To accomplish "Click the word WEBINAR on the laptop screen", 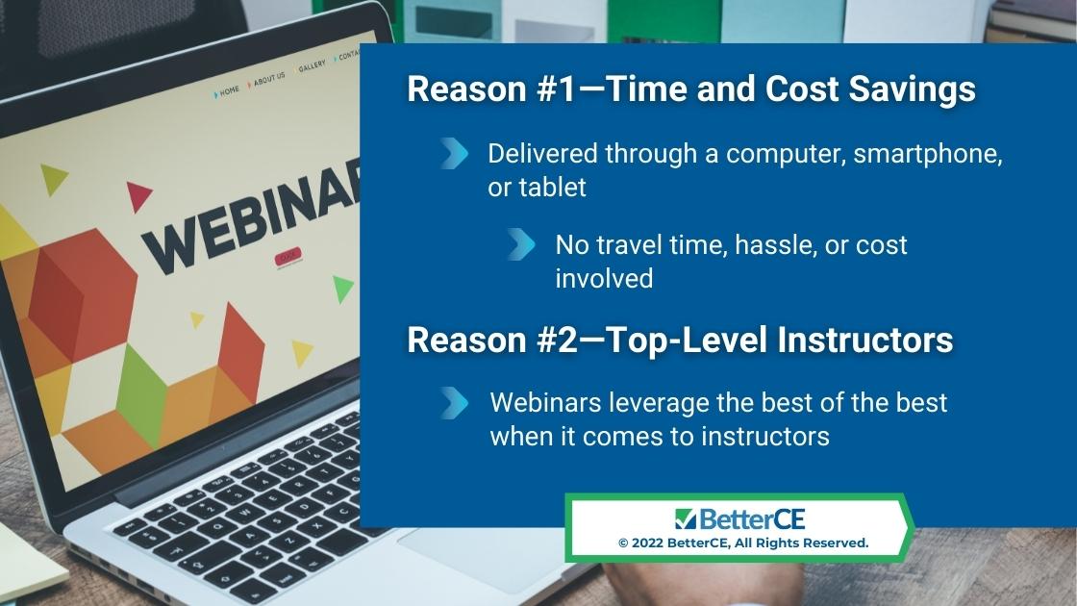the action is [251, 216].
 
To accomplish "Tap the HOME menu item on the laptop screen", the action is [230, 90].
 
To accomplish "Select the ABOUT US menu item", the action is [269, 79].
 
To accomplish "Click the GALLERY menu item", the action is [312, 66].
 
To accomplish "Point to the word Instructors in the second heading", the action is [864, 340].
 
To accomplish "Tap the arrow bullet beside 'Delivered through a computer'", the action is [454, 153].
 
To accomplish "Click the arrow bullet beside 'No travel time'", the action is [521, 244].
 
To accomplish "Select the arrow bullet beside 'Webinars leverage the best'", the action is [454, 403].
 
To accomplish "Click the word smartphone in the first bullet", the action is [928, 154].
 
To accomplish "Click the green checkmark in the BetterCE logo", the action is [686, 519].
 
